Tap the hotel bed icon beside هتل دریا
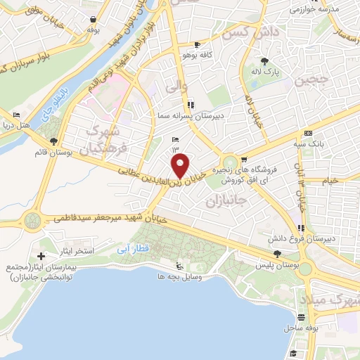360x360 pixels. coord(15,115)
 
